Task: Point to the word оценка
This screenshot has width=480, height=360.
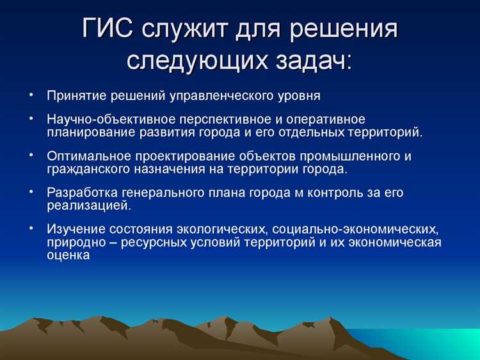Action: [67, 254]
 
